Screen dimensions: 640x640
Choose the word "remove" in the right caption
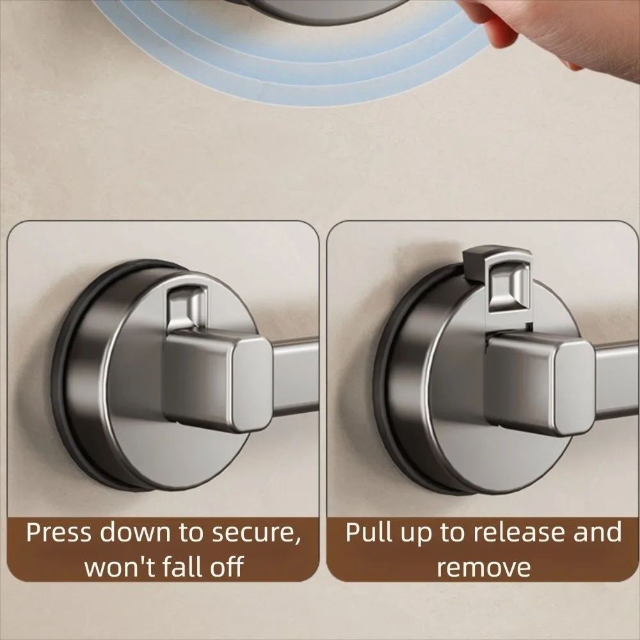pos(484,567)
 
